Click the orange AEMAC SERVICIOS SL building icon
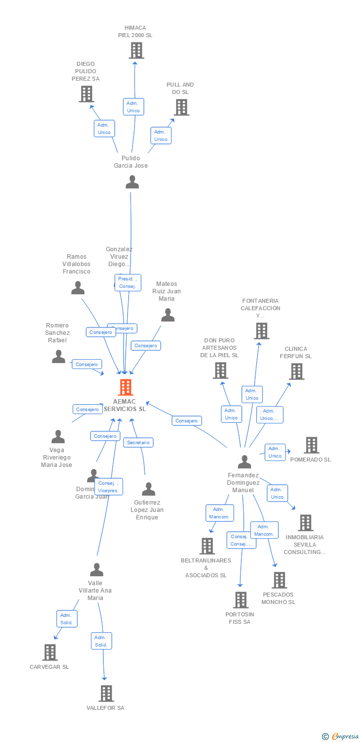[x=126, y=387]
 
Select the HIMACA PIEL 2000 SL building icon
[x=136, y=50]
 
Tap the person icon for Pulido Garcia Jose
[x=132, y=182]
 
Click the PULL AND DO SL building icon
[x=181, y=107]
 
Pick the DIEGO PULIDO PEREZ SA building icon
[x=87, y=94]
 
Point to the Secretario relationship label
[x=138, y=442]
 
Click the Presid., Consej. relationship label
[x=128, y=282]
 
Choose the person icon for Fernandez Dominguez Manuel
[x=244, y=462]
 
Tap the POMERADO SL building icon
[x=311, y=445]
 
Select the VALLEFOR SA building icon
[x=106, y=694]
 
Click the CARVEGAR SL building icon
[x=49, y=652]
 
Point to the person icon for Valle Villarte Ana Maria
[x=96, y=570]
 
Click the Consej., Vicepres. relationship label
[x=108, y=486]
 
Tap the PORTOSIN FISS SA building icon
[x=240, y=600]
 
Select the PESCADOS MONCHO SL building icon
[x=279, y=580]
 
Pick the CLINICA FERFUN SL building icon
[x=296, y=371]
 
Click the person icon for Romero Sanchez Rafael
[x=58, y=357]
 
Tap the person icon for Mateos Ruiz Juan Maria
[x=168, y=315]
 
